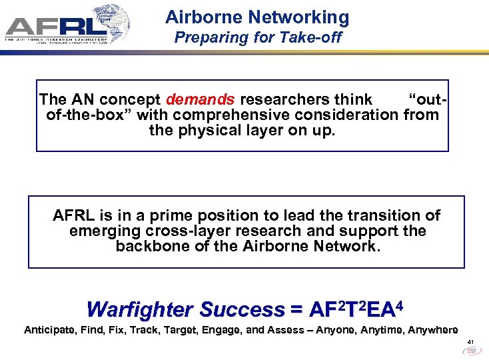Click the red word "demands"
[200, 100]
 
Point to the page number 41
[470, 342]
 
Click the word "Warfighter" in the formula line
[140, 309]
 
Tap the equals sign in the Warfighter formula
[296, 309]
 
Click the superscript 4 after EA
[400, 304]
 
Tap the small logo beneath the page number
[471, 351]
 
